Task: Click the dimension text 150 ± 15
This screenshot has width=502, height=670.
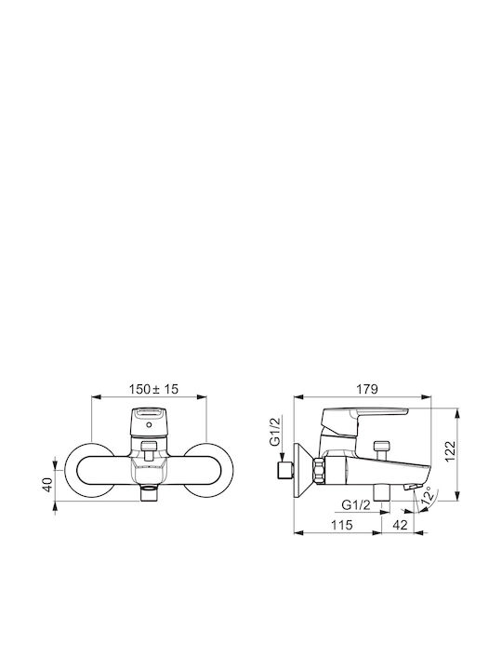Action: pyautogui.click(x=153, y=389)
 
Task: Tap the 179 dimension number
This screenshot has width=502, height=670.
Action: pyautogui.click(x=367, y=389)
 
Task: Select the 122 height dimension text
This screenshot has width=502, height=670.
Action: pyautogui.click(x=450, y=451)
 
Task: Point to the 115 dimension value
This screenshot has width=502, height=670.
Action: pyautogui.click(x=342, y=525)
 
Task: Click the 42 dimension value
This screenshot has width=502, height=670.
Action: pyautogui.click(x=400, y=525)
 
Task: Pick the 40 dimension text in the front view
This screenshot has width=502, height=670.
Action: pyautogui.click(x=47, y=484)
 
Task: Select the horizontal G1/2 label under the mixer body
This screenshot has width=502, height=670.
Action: pyautogui.click(x=356, y=505)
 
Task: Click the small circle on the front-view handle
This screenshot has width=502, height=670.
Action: pyautogui.click(x=149, y=425)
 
